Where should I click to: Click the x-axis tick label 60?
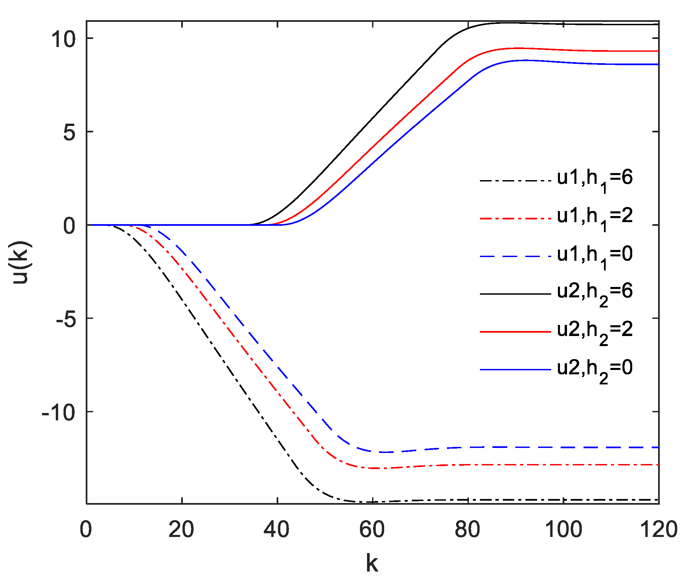pyautogui.click(x=372, y=530)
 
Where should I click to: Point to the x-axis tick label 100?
pyautogui.click(x=563, y=530)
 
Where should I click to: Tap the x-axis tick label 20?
pyautogui.click(x=181, y=530)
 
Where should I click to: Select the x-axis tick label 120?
pyautogui.click(x=658, y=530)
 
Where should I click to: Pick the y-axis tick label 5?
pyautogui.click(x=70, y=132)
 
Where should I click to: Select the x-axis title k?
pyautogui.click(x=372, y=563)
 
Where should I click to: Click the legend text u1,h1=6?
pyautogui.click(x=595, y=179)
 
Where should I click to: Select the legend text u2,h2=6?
pyautogui.click(x=595, y=293)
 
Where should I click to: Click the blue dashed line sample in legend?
pyautogui.click(x=515, y=256)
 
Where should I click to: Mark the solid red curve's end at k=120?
pyautogui.click(x=658, y=51)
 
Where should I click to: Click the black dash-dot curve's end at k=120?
pyautogui.click(x=658, y=500)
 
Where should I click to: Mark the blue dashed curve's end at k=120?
pyautogui.click(x=658, y=447)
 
